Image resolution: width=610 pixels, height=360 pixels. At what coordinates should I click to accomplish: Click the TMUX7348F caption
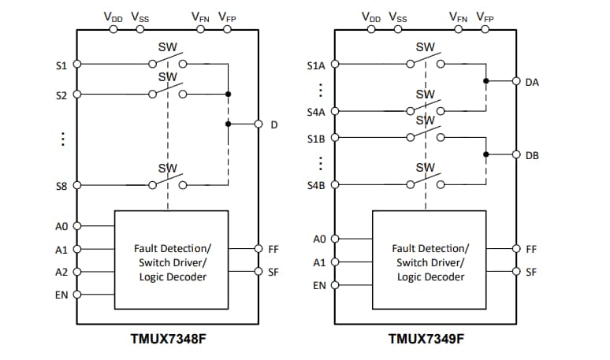tap(168, 340)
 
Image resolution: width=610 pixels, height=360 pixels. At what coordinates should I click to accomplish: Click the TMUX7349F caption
tap(426, 340)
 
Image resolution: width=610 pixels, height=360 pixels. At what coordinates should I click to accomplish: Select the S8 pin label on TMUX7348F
tap(61, 186)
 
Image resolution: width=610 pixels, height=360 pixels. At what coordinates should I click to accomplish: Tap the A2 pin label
tap(61, 273)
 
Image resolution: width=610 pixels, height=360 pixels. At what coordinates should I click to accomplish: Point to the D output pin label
tap(274, 124)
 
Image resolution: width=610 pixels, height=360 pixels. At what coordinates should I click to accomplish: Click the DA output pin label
tap(532, 81)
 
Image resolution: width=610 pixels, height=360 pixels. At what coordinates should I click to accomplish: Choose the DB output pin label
tap(532, 155)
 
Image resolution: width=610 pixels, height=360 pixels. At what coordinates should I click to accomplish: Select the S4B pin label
tap(316, 186)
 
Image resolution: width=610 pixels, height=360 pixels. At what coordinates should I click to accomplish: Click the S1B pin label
tap(316, 139)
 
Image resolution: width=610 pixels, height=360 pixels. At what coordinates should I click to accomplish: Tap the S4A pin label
tap(316, 113)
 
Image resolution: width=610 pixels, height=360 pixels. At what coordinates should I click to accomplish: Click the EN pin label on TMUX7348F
tap(61, 295)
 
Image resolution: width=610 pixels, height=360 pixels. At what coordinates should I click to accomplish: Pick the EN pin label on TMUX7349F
tap(319, 285)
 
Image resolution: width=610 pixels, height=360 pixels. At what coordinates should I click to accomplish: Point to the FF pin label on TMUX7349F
tap(531, 249)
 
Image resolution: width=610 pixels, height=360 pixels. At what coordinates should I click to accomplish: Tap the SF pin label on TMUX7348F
tap(273, 273)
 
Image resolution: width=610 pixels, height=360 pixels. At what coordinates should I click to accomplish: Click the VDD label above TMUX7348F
tap(113, 16)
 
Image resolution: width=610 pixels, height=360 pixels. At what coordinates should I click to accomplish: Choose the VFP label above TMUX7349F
tap(485, 16)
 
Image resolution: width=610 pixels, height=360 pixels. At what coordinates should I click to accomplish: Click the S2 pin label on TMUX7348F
tap(61, 95)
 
